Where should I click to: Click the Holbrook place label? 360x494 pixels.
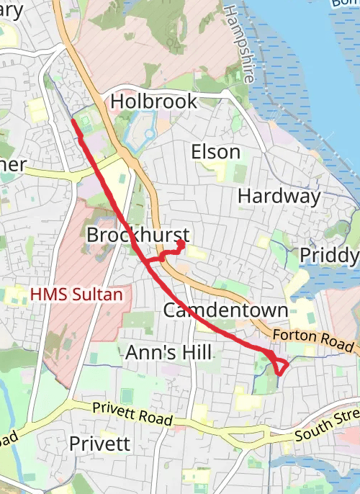point(154,102)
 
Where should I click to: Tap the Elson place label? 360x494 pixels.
point(215,152)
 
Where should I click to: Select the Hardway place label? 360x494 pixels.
point(279,196)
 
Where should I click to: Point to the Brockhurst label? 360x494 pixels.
point(138,235)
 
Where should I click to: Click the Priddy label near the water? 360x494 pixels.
point(328,256)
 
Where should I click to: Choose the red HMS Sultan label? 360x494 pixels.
point(76,295)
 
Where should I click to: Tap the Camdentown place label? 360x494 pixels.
point(225,310)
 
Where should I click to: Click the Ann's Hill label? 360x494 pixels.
point(168,352)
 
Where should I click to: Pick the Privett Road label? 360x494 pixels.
point(132,413)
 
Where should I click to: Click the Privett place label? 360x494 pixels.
point(100,444)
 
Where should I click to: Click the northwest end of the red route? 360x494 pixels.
point(73,121)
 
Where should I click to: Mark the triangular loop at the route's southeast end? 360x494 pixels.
point(279,365)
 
